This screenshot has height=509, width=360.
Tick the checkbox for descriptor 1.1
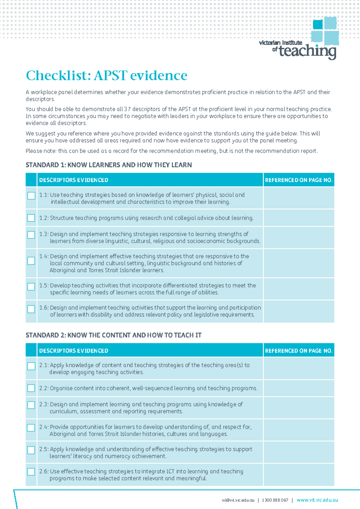(x=31, y=196)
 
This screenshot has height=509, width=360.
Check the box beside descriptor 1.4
(x=31, y=261)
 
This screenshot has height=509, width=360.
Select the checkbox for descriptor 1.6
(x=31, y=309)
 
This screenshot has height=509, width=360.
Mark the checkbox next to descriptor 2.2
(x=31, y=388)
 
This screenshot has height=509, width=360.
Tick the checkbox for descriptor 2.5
(x=31, y=450)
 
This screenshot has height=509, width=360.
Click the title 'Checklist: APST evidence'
(x=106, y=75)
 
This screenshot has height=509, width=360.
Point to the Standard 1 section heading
(x=109, y=165)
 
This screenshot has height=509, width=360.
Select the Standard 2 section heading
(x=113, y=335)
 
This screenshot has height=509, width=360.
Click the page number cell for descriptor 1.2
(x=299, y=218)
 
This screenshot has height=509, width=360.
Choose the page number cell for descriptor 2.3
(x=299, y=408)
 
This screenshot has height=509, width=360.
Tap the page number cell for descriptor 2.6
(x=299, y=475)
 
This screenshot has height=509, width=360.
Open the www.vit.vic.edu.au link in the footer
(x=317, y=500)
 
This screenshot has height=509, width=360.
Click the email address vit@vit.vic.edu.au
(x=238, y=500)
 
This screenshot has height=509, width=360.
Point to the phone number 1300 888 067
(x=275, y=500)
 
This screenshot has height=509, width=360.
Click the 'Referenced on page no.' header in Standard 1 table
(x=299, y=180)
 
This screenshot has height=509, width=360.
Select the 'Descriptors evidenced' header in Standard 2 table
(x=74, y=351)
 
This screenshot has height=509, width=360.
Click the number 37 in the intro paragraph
(x=127, y=109)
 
